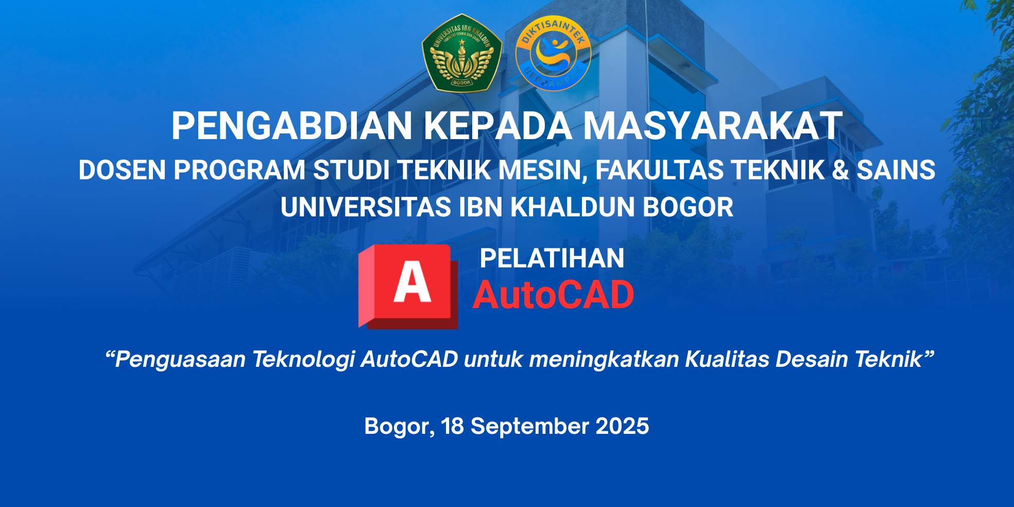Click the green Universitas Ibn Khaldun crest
click(x=461, y=53)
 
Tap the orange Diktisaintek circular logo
click(x=553, y=53)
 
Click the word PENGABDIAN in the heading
click(x=292, y=126)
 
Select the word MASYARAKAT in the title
click(x=712, y=126)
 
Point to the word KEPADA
click(x=497, y=126)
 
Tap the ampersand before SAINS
click(x=840, y=170)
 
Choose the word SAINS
click(x=896, y=170)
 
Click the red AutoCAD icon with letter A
click(x=408, y=286)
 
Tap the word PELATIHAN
click(x=552, y=258)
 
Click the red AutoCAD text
click(x=554, y=295)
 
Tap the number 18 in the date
click(x=453, y=426)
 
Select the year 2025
click(x=622, y=426)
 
